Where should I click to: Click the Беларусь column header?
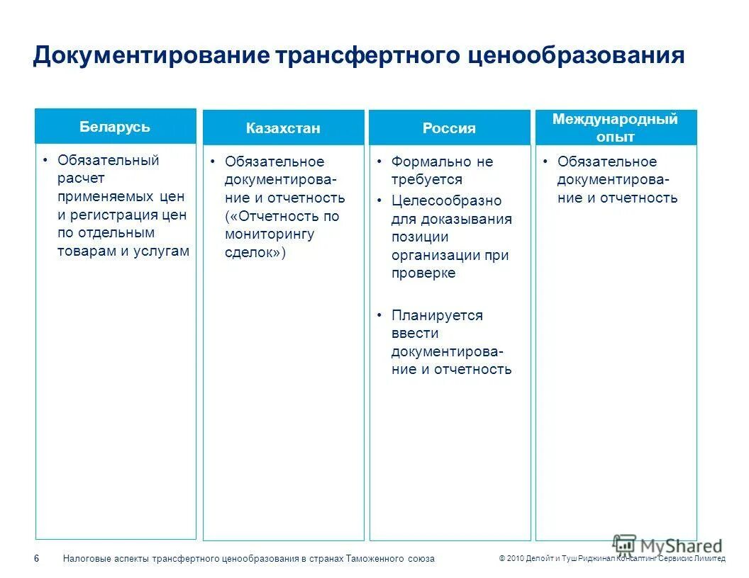tap(115, 127)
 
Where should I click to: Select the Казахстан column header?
tap(283, 128)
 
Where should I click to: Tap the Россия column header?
tap(449, 128)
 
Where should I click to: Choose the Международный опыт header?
tap(615, 127)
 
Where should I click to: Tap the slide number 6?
tap(37, 559)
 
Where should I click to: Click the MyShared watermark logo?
tap(667, 545)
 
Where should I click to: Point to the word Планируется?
tap(437, 315)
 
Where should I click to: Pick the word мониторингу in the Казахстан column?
tap(270, 234)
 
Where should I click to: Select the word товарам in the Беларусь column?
tap(84, 251)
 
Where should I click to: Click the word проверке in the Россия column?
tap(423, 273)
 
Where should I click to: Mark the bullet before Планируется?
tap(380, 315)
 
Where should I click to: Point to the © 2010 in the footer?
tap(511, 559)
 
